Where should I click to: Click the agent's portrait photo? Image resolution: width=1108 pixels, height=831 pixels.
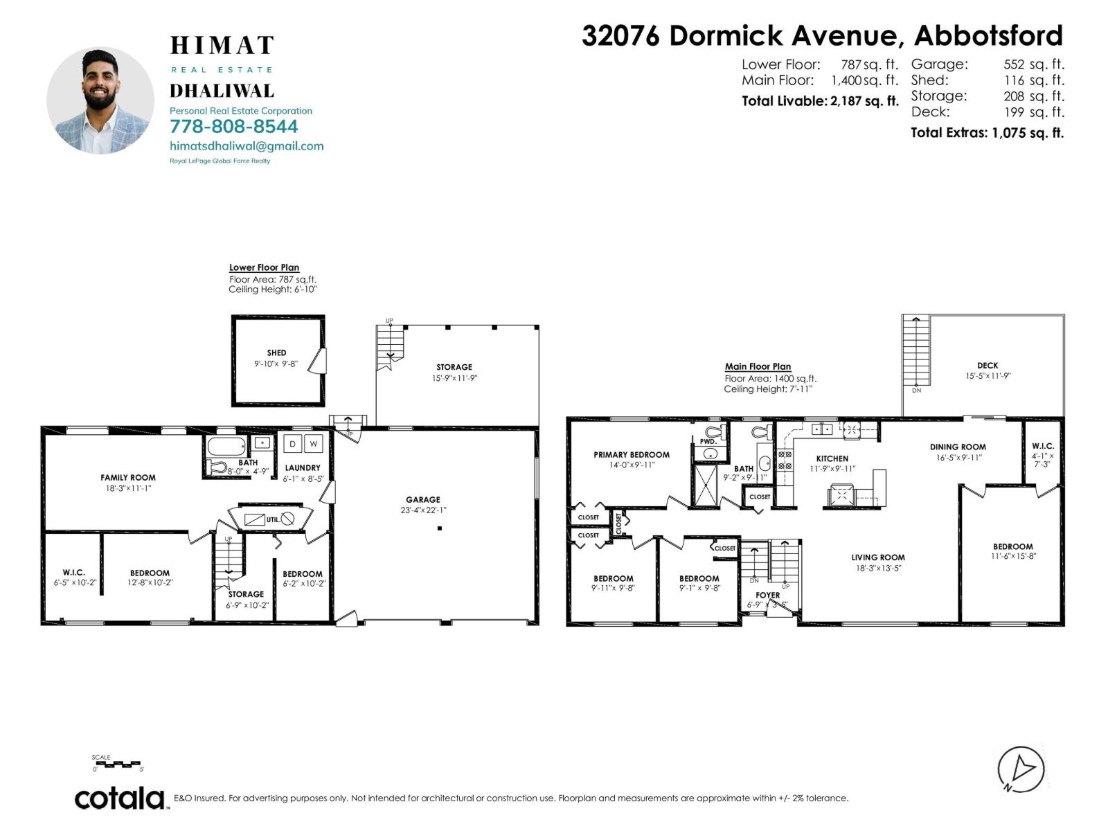tap(100, 101)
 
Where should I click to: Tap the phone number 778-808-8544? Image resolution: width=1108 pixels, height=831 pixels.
tap(233, 127)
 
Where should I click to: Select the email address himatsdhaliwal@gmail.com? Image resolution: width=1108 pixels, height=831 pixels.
tap(247, 146)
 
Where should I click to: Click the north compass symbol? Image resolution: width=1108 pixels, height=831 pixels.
tap(1021, 769)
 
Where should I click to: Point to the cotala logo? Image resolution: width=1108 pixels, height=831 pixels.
tap(120, 798)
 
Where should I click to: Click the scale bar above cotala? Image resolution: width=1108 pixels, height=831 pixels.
tap(118, 765)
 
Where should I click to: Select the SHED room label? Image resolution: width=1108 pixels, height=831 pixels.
tap(276, 352)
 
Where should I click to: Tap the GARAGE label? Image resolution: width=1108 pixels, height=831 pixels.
tap(423, 499)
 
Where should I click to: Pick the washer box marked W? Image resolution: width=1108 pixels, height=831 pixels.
tap(314, 444)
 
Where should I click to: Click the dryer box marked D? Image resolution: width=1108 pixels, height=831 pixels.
tap(293, 444)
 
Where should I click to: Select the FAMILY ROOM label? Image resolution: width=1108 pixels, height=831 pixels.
tap(128, 477)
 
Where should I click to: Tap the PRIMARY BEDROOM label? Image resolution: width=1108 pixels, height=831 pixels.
tap(631, 455)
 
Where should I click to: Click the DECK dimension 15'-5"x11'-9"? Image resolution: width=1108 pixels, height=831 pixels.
tap(988, 376)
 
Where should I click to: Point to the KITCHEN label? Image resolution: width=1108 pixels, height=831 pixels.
tap(832, 458)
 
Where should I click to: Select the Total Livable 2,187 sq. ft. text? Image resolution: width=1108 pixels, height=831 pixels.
tap(820, 101)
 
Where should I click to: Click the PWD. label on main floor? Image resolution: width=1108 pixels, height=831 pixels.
tap(707, 441)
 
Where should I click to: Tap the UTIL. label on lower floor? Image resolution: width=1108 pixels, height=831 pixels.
tap(273, 519)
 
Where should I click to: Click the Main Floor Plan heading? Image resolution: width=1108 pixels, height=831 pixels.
tap(758, 366)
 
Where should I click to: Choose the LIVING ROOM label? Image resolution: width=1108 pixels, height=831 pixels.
tap(878, 557)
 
